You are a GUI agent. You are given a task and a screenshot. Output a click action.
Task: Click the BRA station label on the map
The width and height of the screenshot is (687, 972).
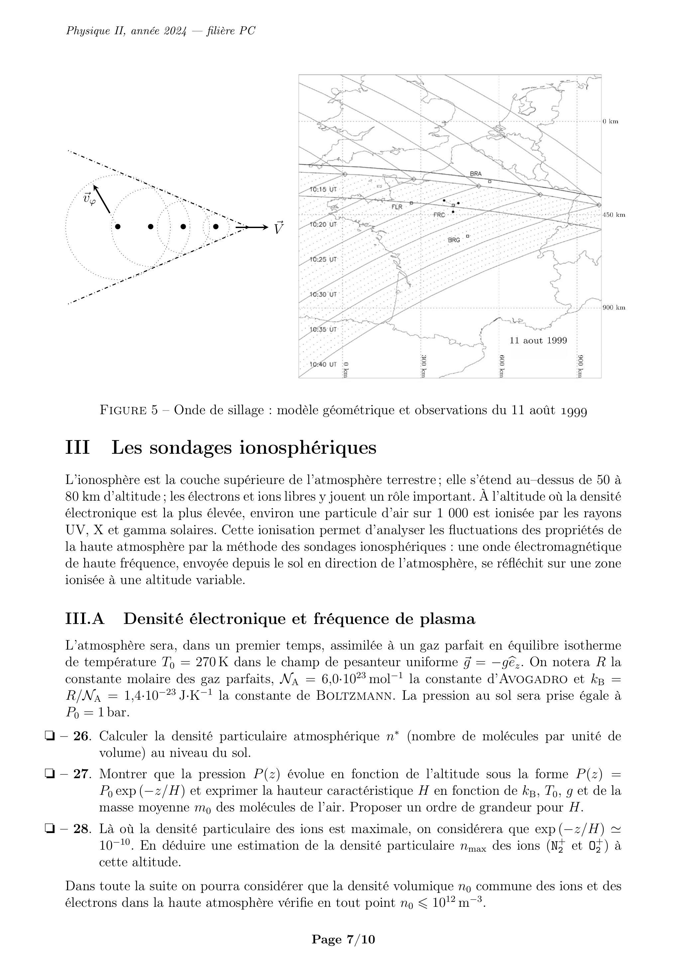click(x=475, y=174)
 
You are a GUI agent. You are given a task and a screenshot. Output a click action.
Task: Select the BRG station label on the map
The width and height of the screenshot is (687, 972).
click(x=453, y=240)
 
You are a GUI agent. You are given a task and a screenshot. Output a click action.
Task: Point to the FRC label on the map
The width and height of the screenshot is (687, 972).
click(x=439, y=215)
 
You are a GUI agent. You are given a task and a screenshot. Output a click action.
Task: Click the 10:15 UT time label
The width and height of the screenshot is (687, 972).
click(x=323, y=189)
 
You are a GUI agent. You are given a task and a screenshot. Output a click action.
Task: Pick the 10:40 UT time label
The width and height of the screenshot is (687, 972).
click(x=323, y=364)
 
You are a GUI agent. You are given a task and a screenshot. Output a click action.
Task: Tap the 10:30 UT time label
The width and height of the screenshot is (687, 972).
click(x=323, y=294)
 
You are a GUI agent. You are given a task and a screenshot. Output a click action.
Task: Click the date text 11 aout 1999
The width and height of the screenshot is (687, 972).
click(x=538, y=340)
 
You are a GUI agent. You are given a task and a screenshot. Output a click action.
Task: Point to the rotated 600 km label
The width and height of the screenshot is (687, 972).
click(x=502, y=366)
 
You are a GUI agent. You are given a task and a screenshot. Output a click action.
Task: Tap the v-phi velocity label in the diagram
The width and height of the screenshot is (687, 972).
click(x=89, y=198)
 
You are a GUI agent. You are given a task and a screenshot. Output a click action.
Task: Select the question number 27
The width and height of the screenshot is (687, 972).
click(x=82, y=774)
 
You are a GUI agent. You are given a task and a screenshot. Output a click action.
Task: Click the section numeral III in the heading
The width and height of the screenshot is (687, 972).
click(x=77, y=447)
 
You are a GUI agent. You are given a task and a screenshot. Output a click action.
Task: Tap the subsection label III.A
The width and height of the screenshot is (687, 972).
click(x=85, y=619)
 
